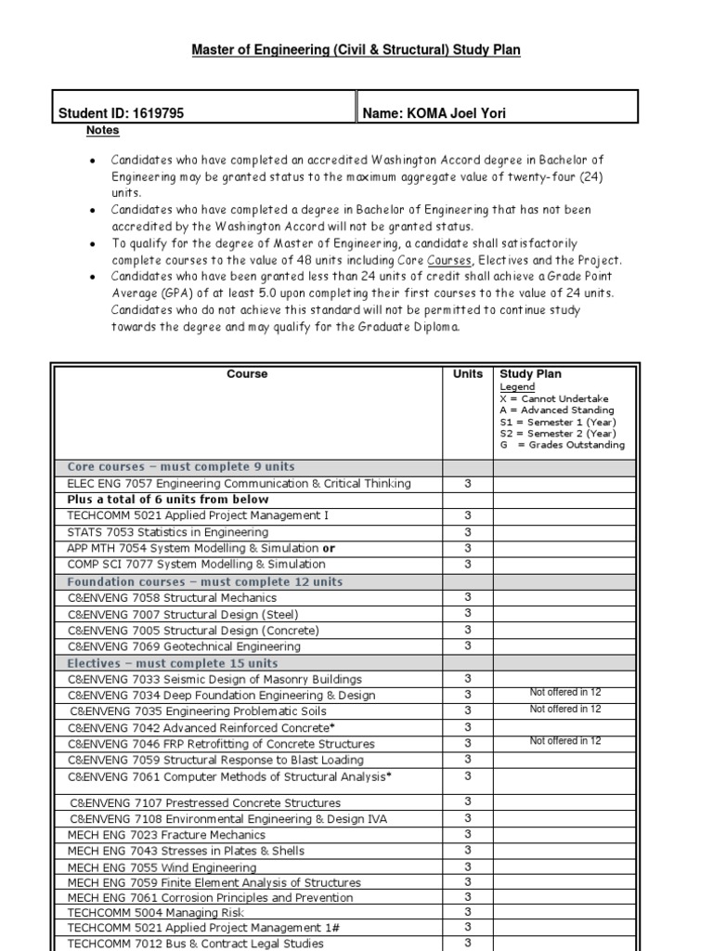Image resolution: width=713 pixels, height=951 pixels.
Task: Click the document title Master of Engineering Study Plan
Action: tap(356, 50)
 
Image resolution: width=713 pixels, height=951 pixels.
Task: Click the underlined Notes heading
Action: tap(103, 131)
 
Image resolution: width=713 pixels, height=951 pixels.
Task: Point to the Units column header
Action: tap(467, 374)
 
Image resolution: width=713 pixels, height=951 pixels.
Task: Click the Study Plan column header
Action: tap(530, 374)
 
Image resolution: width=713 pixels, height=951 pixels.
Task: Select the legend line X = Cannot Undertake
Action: tap(555, 397)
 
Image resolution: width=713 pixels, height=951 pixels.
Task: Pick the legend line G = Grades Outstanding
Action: tap(562, 445)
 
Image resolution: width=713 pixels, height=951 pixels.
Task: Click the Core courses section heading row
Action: tap(181, 467)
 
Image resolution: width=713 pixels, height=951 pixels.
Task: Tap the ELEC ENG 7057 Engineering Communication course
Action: tap(239, 484)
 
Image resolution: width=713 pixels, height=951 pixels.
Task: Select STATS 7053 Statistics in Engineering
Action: tap(168, 532)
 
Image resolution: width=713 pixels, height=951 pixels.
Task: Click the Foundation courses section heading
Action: tap(205, 581)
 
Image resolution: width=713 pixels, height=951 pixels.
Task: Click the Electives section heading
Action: tap(173, 663)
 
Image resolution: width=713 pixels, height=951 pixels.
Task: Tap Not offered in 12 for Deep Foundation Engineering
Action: tap(565, 693)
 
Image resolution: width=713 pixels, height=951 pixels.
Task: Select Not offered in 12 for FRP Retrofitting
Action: tap(565, 741)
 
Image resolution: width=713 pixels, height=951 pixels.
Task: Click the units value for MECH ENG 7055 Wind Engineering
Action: tap(467, 866)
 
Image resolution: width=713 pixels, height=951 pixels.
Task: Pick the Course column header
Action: tap(247, 374)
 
